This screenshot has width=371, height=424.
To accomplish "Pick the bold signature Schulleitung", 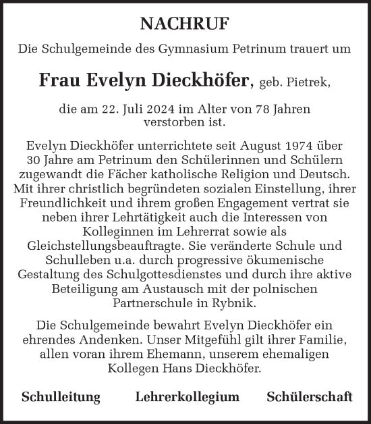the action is tap(61, 397).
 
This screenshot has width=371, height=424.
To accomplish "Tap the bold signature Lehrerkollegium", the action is tap(187, 397).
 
